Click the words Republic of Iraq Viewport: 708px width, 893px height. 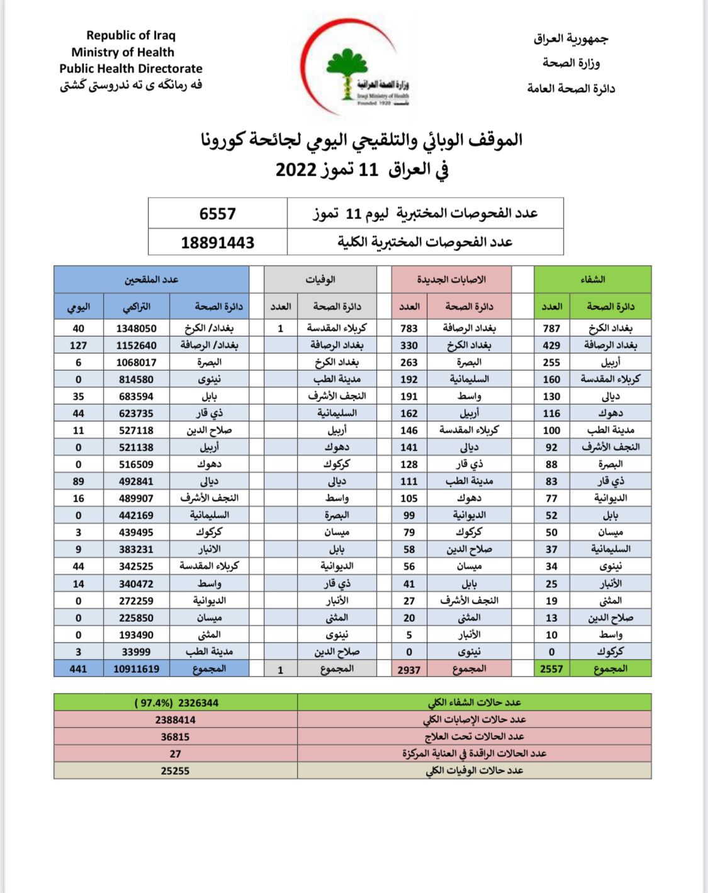[x=131, y=35]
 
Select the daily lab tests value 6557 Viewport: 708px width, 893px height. [x=217, y=213]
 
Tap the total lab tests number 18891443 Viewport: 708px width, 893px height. [x=217, y=242]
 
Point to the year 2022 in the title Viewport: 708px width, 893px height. [x=296, y=170]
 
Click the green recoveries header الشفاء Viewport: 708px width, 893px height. [x=592, y=279]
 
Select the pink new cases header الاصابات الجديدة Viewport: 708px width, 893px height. [x=451, y=279]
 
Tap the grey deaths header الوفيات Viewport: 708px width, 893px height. [x=320, y=279]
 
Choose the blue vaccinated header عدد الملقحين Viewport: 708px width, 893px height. [x=151, y=279]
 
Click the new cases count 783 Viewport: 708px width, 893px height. [x=409, y=329]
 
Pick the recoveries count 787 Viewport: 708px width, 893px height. [x=551, y=329]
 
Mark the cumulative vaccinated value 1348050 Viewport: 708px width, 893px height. [x=137, y=329]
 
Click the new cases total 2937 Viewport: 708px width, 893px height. [x=409, y=670]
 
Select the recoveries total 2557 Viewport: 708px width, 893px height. [x=551, y=669]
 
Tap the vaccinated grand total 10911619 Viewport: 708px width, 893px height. [x=137, y=669]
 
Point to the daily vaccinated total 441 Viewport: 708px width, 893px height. [x=79, y=669]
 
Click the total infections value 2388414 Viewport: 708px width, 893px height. [x=175, y=720]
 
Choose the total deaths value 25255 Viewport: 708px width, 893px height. [x=175, y=771]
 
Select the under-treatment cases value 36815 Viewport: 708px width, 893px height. [x=175, y=737]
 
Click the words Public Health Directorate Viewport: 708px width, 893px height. [x=131, y=69]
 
